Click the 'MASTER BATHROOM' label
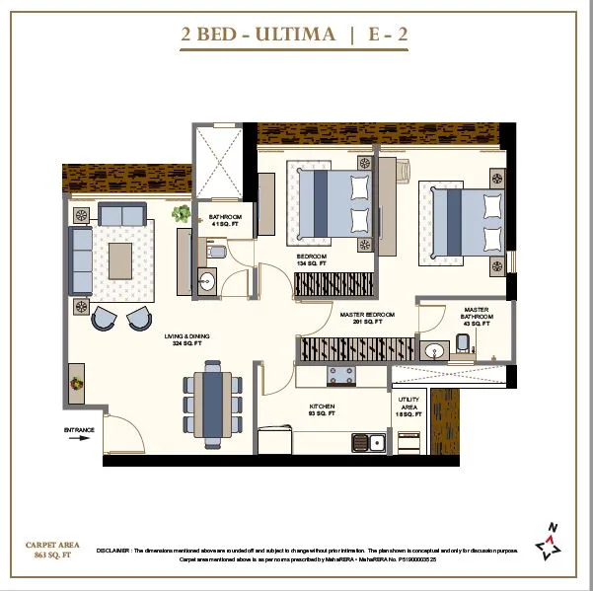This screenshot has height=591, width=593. pos(476,316)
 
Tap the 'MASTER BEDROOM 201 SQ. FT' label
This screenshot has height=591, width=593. pos(367,318)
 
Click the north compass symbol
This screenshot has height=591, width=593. pos(549,539)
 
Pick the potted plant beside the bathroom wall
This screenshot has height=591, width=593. pos(182,213)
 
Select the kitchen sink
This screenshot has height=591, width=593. pos(371,443)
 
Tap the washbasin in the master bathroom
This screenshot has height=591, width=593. pos(433,351)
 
